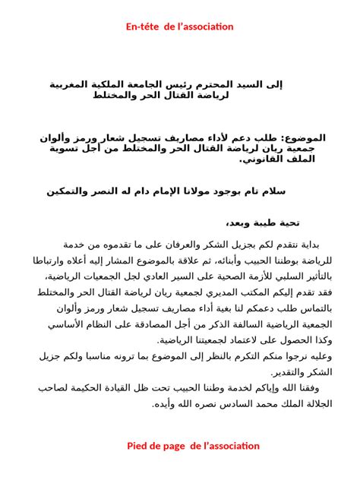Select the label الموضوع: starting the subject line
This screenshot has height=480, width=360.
coord(304,139)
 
